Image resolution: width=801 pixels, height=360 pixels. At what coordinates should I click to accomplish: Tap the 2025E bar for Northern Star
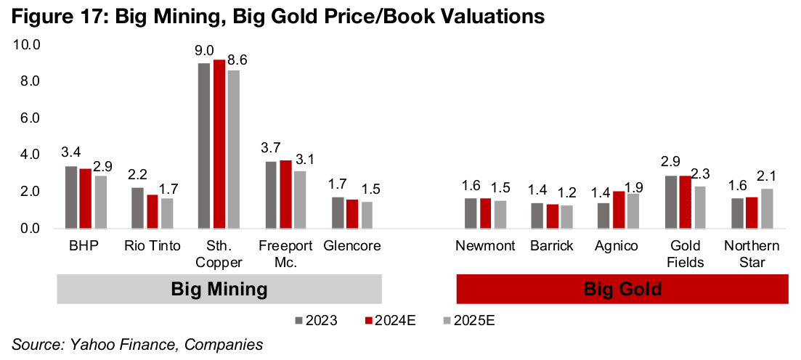766,209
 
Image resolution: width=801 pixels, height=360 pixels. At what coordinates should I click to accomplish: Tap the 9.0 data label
204,51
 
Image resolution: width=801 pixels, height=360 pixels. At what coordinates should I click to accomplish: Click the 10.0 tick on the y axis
27,45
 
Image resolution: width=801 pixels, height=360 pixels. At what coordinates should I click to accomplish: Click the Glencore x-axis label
352,246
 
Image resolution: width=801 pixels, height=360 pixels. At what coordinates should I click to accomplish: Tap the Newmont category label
485,246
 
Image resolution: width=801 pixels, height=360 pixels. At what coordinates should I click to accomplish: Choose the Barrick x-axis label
552,246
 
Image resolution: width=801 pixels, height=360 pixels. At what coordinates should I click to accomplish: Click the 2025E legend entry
473,319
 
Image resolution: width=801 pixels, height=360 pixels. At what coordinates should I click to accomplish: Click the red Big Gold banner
622,290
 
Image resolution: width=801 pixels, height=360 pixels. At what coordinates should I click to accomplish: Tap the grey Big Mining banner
219,290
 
